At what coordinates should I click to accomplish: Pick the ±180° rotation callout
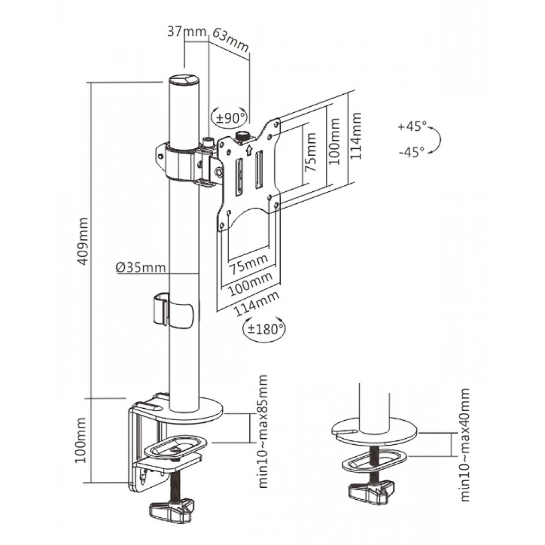tap(264, 328)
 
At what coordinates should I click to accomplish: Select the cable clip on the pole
tap(173, 311)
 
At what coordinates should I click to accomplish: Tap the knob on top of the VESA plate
tap(241, 135)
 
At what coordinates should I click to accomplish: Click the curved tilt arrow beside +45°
tap(436, 140)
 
